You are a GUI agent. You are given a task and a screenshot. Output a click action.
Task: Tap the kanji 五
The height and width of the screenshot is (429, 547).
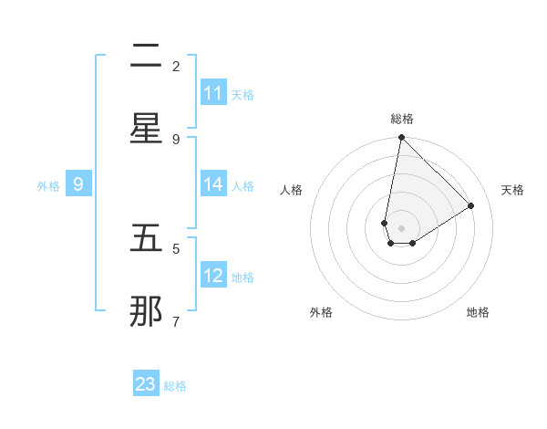pos(146,240)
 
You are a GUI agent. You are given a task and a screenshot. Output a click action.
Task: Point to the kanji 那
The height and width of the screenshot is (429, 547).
pos(146,312)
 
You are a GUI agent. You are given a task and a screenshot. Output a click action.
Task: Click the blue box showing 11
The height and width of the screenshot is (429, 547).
pos(213,93)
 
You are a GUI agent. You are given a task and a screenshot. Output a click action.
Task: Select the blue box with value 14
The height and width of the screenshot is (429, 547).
pos(213,184)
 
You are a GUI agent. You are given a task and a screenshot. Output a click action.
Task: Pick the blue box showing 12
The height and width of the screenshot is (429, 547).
pos(213,276)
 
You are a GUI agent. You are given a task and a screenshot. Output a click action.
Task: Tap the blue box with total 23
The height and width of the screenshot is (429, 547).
pos(146,384)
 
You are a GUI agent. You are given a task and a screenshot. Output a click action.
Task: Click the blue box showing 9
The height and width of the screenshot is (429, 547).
pos(78,184)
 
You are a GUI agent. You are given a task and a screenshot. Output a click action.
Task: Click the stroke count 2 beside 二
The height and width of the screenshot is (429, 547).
pos(176,67)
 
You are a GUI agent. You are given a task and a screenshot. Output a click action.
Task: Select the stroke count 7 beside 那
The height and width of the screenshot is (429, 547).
pos(176,321)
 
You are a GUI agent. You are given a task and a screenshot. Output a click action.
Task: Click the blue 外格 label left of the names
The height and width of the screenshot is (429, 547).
pos(48,185)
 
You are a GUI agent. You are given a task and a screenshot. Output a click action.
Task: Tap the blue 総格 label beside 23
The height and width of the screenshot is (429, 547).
pos(175,386)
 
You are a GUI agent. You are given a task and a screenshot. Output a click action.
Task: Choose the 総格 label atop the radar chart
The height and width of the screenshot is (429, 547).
pos(402,119)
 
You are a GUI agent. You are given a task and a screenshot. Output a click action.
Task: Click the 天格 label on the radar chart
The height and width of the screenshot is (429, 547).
pos(513,190)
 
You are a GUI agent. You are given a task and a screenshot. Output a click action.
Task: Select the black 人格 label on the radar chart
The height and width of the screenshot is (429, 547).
pos(291,190)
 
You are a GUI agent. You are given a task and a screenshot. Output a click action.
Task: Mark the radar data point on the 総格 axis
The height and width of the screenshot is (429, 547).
pos(401,138)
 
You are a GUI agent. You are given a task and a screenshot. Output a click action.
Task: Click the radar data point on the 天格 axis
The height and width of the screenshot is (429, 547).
pos(471,206)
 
